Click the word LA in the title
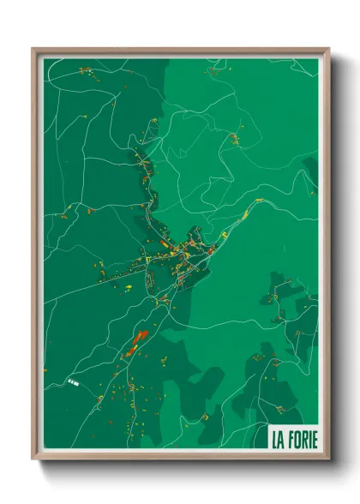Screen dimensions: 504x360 click(x=278, y=441)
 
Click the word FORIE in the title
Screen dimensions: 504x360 click(x=303, y=441)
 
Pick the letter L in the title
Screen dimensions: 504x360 click(x=274, y=441)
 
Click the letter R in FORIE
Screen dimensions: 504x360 click(x=305, y=441)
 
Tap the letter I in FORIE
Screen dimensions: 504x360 click(x=310, y=441)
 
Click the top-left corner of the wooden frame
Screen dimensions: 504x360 click(x=34, y=50)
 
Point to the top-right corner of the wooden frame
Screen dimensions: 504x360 click(x=327, y=50)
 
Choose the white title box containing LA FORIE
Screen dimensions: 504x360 click(x=293, y=441)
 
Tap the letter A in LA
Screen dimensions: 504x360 click(x=282, y=441)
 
